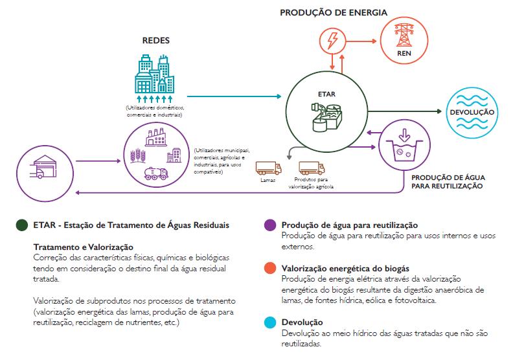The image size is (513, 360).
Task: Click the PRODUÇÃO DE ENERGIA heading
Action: [333, 12]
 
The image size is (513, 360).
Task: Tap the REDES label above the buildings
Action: [155, 40]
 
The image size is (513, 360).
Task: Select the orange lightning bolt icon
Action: [332, 41]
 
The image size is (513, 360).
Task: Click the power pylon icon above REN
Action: [403, 32]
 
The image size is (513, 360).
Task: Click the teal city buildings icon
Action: [155, 76]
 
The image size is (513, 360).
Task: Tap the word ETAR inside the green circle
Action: [327, 93]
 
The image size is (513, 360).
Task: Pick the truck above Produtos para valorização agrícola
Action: [309, 168]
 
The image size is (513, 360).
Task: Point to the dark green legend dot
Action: [22, 225]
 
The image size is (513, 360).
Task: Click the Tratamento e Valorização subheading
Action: [82, 247]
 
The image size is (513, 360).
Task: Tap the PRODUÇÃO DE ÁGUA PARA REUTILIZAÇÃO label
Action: [448, 181]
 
